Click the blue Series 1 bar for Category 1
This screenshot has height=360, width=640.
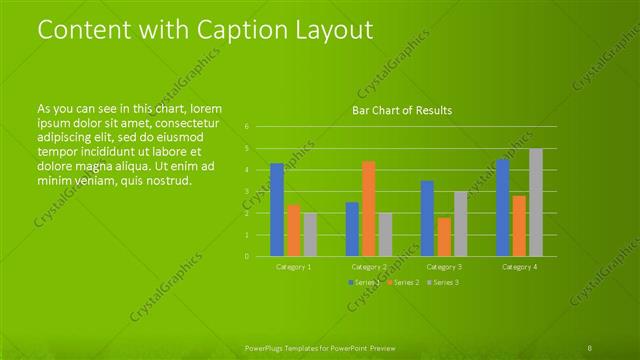click(x=277, y=210)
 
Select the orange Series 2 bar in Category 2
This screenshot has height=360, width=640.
click(x=368, y=208)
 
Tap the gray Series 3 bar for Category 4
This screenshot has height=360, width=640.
click(x=536, y=202)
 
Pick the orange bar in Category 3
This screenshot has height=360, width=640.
click(x=443, y=236)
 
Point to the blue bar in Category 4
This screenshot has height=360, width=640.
click(x=502, y=207)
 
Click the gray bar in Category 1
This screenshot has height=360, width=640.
click(x=310, y=234)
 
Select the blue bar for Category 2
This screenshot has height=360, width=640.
click(x=352, y=229)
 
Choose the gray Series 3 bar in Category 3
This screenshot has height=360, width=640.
click(x=460, y=223)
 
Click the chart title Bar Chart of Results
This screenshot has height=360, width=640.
click(x=402, y=110)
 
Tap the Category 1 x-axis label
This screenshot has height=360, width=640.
click(x=294, y=267)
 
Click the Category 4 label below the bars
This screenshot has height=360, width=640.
click(x=519, y=267)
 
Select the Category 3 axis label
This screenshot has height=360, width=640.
click(x=444, y=267)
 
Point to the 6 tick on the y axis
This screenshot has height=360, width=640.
click(x=247, y=127)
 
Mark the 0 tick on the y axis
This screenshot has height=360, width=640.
click(x=247, y=256)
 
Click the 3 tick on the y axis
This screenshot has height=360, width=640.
click(x=247, y=191)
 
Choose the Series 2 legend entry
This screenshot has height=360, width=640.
click(x=402, y=283)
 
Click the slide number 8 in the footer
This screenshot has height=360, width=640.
click(x=590, y=347)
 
